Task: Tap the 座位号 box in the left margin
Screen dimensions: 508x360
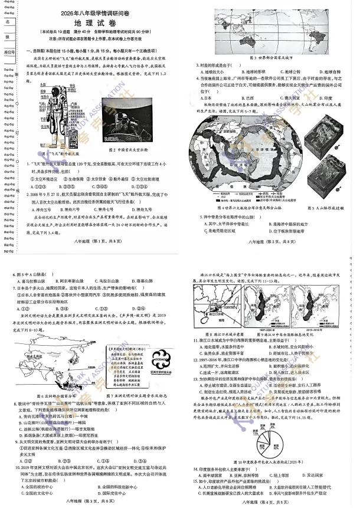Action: pos(9,53)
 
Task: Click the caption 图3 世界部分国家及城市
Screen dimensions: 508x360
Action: pos(271,57)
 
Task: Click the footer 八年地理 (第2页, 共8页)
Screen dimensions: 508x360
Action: pos(271,242)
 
